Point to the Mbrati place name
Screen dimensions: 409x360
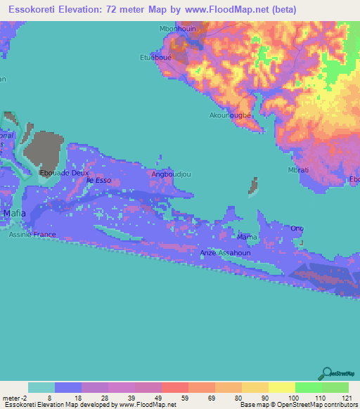[x=300, y=170]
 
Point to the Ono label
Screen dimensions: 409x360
[x=297, y=228]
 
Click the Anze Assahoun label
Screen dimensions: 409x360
[x=226, y=252]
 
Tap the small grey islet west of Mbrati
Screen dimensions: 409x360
[x=252, y=186]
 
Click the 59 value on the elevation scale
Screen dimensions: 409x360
[x=173, y=398]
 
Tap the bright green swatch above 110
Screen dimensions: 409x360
[x=308, y=387]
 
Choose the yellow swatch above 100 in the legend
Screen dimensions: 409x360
[x=281, y=387]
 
